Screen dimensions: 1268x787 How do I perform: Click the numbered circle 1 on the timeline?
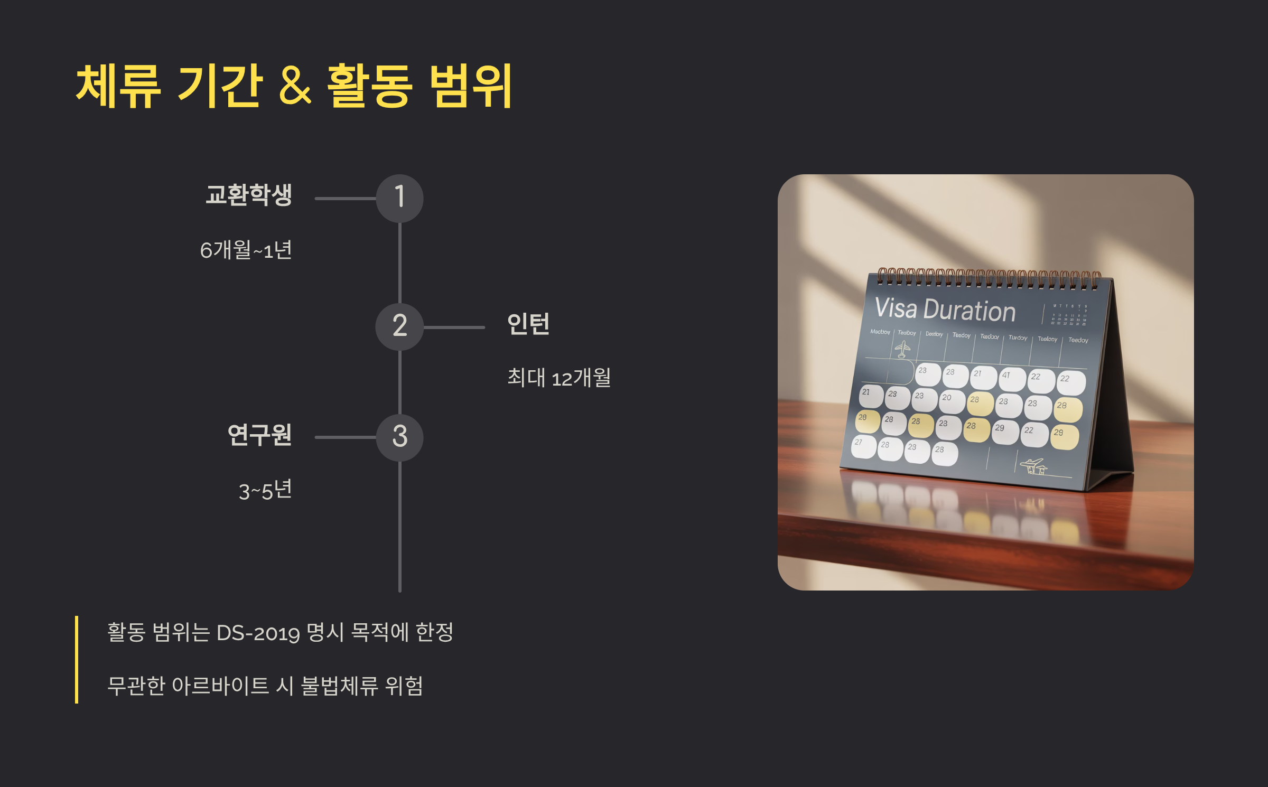click(399, 198)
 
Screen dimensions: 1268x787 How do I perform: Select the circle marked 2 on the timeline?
click(399, 326)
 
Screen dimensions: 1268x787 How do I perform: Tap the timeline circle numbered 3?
click(399, 437)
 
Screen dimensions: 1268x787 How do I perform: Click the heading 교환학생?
click(249, 195)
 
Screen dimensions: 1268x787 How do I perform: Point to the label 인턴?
click(528, 324)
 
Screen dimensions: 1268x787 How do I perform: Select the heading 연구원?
click(259, 435)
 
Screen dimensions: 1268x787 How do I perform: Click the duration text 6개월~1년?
click(246, 250)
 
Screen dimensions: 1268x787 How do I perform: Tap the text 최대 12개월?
click(559, 378)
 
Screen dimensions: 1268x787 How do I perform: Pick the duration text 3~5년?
click(265, 491)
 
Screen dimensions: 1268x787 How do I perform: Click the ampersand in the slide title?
click(294, 86)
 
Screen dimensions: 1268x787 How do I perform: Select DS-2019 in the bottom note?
click(258, 633)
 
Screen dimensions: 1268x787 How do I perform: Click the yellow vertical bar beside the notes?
click(77, 659)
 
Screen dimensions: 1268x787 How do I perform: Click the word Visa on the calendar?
click(896, 308)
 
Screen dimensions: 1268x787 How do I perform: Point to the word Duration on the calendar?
click(969, 311)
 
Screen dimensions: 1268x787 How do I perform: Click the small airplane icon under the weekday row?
click(902, 349)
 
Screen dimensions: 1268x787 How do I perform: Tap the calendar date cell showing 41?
click(1012, 379)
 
